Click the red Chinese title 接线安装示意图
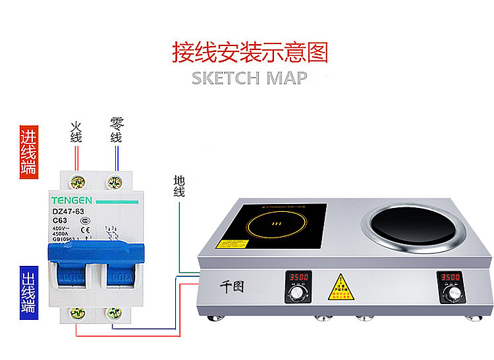click(x=250, y=52)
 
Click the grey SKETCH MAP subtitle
click(x=249, y=78)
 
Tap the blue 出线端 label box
click(x=28, y=292)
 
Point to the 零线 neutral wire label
click(x=117, y=130)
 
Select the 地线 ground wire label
click(x=179, y=186)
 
